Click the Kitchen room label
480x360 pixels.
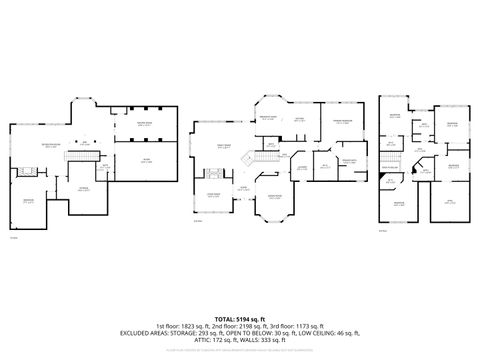pyautogui.click(x=299, y=119)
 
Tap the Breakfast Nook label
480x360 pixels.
pyautogui.click(x=269, y=119)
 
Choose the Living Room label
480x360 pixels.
pyautogui.click(x=213, y=196)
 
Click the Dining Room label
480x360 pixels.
pyautogui.click(x=273, y=196)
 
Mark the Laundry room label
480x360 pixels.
pyautogui.click(x=301, y=167)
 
